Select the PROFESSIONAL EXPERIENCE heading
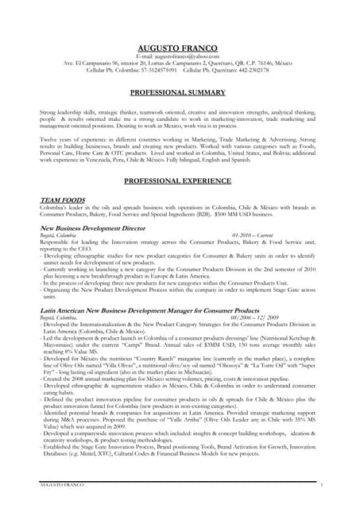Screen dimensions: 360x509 (x=180, y=181)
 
